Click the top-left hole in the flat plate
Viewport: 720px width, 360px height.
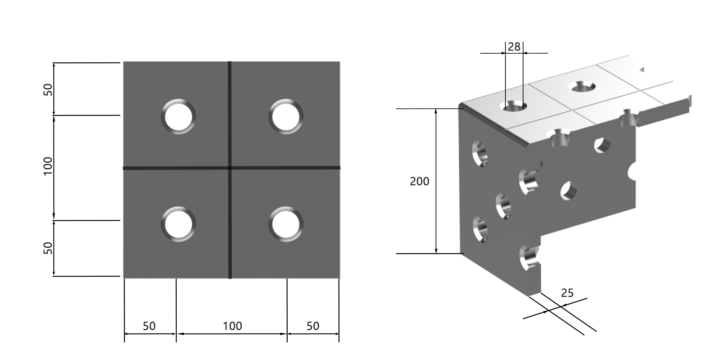179,117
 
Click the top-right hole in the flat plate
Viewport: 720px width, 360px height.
286,117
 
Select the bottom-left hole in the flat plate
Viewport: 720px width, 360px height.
179,224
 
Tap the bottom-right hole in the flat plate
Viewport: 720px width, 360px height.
286,224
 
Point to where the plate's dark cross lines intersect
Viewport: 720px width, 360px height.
230,168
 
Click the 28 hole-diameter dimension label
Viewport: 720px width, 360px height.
514,47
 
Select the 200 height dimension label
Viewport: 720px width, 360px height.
419,181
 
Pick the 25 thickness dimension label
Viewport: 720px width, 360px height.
567,293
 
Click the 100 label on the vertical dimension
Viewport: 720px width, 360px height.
48,166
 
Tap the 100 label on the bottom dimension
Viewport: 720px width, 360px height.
232,326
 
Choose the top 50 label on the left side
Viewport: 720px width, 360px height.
48,90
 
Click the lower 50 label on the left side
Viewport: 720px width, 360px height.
48,248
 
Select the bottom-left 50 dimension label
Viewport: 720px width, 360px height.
149,326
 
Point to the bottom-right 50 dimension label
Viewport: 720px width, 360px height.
313,326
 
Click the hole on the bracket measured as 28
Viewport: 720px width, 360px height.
513,106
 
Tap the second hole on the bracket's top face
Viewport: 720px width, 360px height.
581,86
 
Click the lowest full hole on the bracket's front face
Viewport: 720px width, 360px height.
480,229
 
